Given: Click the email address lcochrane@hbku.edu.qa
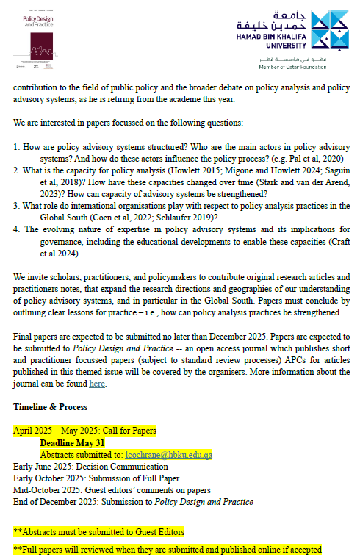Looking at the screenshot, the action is click(x=168, y=455).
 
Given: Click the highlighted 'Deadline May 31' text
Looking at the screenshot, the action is click(x=73, y=443).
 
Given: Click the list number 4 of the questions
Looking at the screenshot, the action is click(x=16, y=229).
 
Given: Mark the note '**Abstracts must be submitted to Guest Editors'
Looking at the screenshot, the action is click(x=98, y=531).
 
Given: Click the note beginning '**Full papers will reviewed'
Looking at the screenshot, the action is click(x=167, y=549).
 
